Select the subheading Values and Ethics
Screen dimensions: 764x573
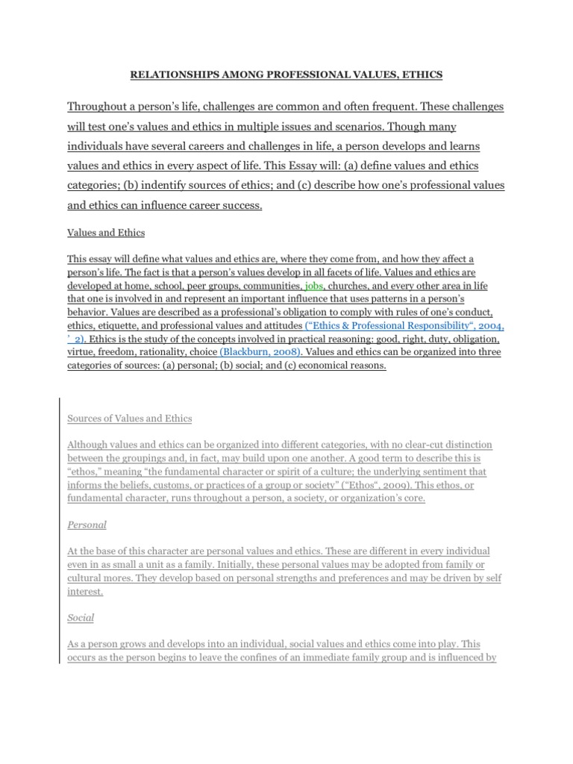tap(106, 233)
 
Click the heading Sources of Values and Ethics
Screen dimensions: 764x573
tap(130, 418)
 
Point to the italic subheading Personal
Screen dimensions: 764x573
tap(87, 525)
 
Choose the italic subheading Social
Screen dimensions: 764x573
tap(81, 619)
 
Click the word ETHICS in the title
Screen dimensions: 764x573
tap(420, 75)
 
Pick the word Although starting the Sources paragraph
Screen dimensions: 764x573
tap(89, 445)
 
